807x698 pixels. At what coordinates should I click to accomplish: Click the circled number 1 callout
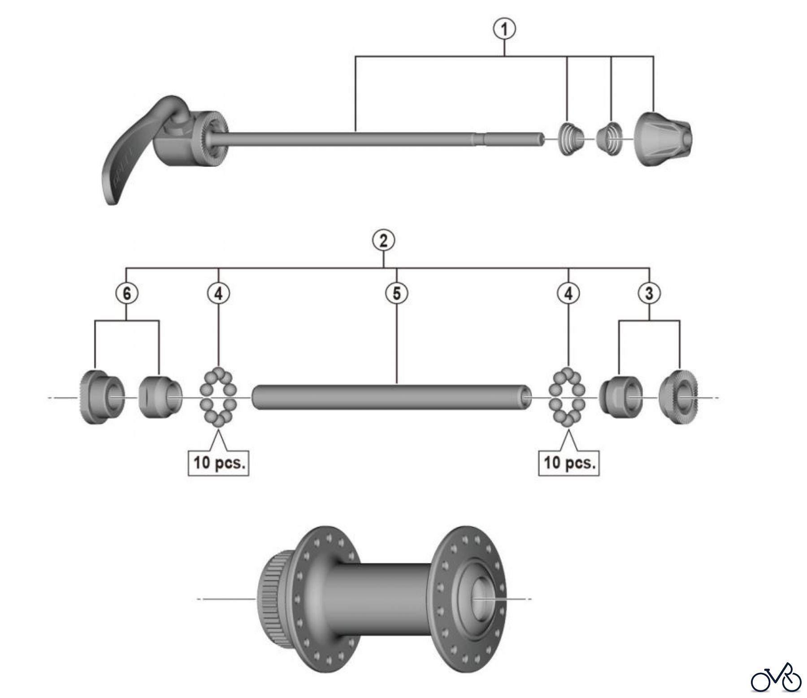coord(504,30)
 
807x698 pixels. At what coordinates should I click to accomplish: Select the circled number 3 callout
coord(649,293)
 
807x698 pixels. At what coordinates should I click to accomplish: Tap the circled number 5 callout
coord(397,293)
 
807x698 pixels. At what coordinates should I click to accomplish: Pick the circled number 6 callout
coord(126,293)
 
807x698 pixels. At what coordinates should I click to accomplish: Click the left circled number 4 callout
coord(218,293)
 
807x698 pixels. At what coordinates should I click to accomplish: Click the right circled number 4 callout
coord(568,293)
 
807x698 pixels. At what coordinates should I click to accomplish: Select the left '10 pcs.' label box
coord(219,462)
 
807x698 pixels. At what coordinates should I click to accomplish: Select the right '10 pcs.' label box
coord(569,462)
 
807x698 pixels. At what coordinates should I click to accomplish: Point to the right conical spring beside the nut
coord(610,139)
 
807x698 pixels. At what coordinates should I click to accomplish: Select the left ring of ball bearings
coord(218,397)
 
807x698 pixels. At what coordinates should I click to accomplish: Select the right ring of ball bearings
coord(568,397)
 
